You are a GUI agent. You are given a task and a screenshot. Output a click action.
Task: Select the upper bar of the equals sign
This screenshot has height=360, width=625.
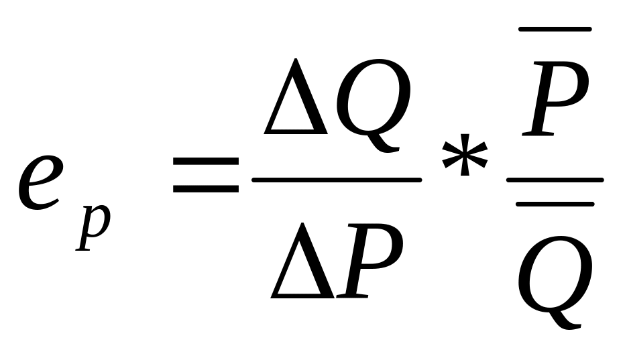(206, 163)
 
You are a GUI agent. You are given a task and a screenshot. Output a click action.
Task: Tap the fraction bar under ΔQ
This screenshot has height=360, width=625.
(336, 179)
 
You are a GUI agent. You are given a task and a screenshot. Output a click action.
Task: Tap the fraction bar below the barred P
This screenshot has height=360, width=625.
(555, 180)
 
